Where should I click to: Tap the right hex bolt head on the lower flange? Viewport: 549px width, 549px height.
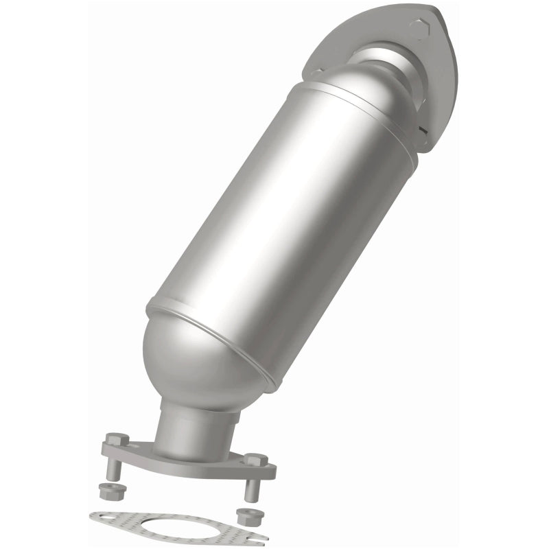(255, 459)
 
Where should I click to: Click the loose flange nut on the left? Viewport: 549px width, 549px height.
(107, 491)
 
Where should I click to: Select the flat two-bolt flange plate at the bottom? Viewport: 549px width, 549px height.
(206, 463)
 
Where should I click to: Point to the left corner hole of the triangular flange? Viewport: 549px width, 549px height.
(317, 69)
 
